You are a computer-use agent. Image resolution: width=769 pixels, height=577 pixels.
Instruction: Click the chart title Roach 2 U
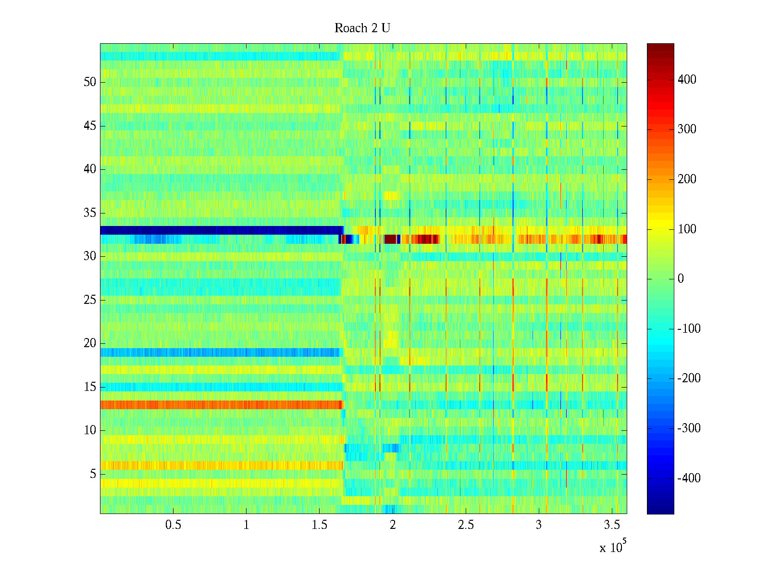[x=362, y=28]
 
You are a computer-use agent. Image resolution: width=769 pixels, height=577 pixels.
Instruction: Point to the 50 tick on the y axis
[x=90, y=82]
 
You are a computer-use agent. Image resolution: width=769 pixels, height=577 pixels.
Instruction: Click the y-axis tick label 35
[x=90, y=213]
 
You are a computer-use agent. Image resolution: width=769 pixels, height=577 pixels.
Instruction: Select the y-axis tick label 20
[x=90, y=343]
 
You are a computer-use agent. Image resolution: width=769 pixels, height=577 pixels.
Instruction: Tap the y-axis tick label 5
[x=93, y=474]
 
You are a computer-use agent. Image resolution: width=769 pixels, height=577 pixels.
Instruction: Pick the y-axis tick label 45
[x=90, y=125]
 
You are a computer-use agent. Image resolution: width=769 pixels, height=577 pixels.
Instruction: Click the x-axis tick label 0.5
[x=173, y=525]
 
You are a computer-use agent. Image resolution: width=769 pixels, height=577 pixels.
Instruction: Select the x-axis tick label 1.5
[x=319, y=525]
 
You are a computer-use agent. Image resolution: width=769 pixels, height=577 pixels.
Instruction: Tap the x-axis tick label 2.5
[x=465, y=525]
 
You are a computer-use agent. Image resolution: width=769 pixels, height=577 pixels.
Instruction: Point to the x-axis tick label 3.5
[x=611, y=525]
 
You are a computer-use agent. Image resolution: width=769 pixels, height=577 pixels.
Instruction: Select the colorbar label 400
[x=687, y=79]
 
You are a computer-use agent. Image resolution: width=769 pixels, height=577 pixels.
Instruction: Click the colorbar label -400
[x=689, y=478]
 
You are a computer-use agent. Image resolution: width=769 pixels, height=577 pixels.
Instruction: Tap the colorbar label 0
[x=680, y=279]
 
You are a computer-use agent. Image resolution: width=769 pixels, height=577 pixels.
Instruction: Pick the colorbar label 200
[x=687, y=179]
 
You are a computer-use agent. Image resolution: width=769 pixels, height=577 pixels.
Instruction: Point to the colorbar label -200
[x=689, y=378]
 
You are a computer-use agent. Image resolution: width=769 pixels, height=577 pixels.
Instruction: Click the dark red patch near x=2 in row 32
[x=390, y=239]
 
